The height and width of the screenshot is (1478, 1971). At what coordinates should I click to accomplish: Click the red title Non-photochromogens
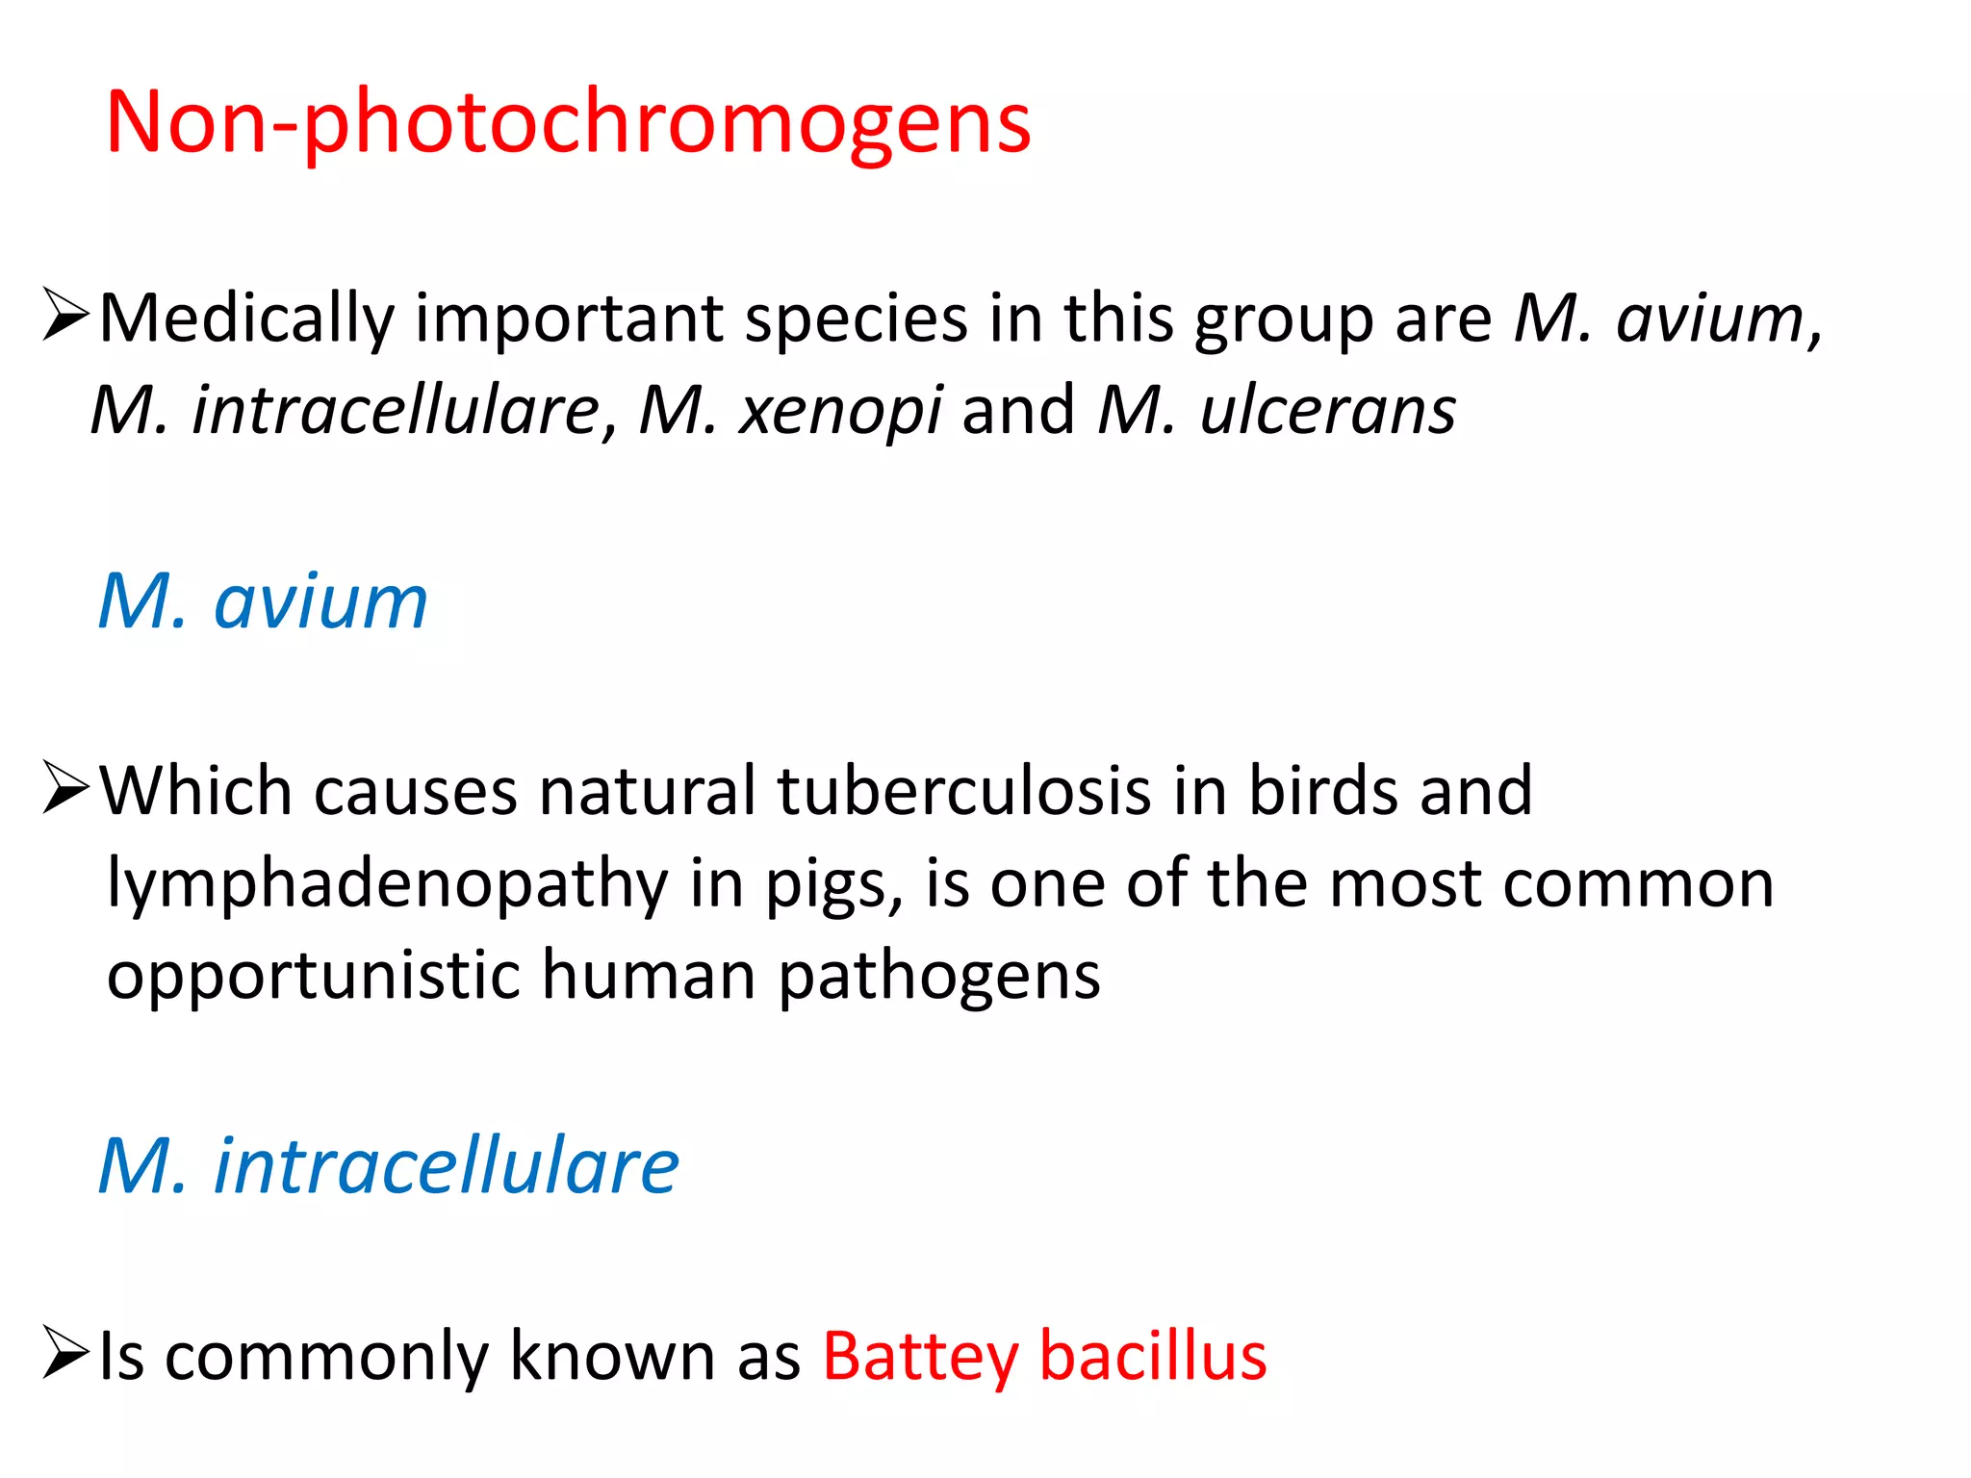tap(568, 122)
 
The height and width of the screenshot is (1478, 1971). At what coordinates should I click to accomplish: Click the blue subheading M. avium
tap(263, 601)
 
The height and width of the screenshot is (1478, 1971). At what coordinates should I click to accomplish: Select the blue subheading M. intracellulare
tap(389, 1165)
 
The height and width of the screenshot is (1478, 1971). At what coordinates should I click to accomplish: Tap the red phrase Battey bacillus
tap(1044, 1356)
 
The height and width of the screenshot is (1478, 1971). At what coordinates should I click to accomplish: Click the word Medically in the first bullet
tap(247, 319)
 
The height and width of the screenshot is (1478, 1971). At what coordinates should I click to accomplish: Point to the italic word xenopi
tap(840, 411)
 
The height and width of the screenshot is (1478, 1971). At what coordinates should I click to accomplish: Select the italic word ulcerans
tap(1327, 411)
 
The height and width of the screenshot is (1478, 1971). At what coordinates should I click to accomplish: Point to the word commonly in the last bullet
tap(327, 1358)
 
